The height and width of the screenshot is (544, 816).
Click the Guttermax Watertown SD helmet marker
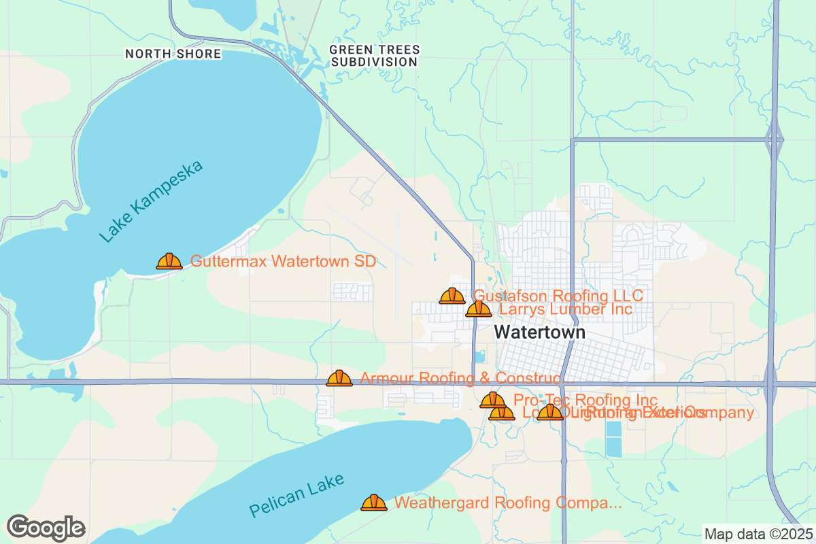[x=169, y=261]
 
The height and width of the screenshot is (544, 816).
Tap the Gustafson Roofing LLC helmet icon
[x=452, y=296]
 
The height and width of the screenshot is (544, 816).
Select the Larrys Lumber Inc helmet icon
[x=479, y=309]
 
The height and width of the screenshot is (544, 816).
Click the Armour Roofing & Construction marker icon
[x=339, y=378]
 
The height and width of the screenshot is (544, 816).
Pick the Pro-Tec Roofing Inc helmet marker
[x=493, y=400]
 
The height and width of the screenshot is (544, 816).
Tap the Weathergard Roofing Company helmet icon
[x=374, y=503]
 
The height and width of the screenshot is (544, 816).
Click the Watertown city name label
[x=539, y=332]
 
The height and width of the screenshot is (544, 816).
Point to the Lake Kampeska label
[x=151, y=202]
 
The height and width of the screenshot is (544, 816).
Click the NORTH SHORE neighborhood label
[x=173, y=54]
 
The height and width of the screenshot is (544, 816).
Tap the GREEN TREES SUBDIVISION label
[x=374, y=56]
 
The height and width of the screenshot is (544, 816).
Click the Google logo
[x=46, y=528]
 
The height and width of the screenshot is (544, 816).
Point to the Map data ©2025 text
[x=758, y=534]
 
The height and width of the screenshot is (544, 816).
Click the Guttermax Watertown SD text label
[x=283, y=261]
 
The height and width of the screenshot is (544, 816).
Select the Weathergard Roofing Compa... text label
[x=508, y=503]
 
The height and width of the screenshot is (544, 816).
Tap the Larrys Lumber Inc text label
[x=566, y=309]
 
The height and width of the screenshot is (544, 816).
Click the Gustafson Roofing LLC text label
[x=558, y=296]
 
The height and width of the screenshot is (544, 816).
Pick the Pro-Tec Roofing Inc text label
[x=585, y=400]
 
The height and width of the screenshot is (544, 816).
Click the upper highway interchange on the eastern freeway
[x=774, y=140]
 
